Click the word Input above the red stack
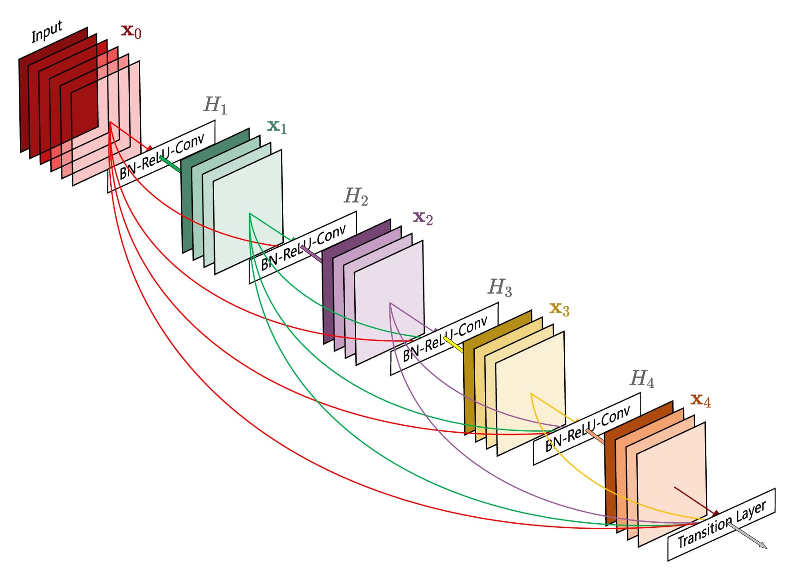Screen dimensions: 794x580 [x=47, y=31]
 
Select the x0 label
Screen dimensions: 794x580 [x=131, y=31]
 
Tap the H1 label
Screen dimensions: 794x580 [x=215, y=105]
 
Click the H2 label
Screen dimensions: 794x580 [x=356, y=196]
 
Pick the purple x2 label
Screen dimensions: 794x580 [x=423, y=217]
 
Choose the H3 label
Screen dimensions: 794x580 [x=500, y=287]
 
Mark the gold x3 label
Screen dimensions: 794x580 [x=559, y=308]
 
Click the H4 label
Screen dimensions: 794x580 [x=642, y=379]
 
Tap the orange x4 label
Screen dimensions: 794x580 [x=700, y=400]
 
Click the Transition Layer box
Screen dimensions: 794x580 [x=722, y=525]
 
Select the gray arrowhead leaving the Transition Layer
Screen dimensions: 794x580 [x=761, y=544]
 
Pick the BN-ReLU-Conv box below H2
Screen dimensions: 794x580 [x=303, y=247]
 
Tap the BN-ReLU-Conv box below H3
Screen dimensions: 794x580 [x=444, y=338]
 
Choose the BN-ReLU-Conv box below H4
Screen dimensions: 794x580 [x=587, y=429]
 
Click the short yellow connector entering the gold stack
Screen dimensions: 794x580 [x=453, y=344]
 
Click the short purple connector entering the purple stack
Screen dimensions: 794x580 [x=311, y=254]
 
